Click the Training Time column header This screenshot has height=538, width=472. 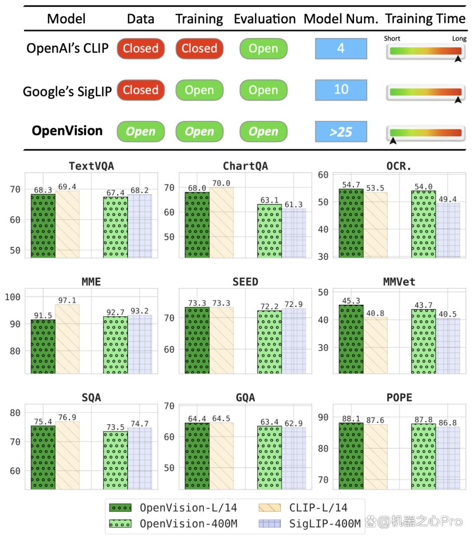(425, 19)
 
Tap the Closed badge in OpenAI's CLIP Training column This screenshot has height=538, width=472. (199, 48)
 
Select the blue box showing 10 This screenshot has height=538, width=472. (341, 90)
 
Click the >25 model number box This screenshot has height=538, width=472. (341, 132)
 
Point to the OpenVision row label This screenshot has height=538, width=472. (67, 131)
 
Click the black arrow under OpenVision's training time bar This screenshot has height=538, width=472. (393, 140)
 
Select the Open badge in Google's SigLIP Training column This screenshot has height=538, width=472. (199, 90)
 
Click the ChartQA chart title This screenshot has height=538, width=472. (245, 166)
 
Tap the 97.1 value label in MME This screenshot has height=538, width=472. (67, 300)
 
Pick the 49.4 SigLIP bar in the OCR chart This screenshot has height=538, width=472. (448, 230)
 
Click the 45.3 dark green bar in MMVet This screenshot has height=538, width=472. (351, 339)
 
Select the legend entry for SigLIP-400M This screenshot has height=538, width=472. (309, 524)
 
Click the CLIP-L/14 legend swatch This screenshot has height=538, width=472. (269, 507)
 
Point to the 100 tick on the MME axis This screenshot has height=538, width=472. (13, 297)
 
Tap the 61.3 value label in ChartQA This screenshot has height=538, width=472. (293, 204)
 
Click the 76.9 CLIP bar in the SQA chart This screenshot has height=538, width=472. (67, 455)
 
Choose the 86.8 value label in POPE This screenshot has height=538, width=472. (448, 423)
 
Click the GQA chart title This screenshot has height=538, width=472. (245, 398)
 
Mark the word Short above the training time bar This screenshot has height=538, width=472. (392, 38)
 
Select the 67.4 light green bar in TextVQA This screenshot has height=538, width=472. (115, 227)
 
